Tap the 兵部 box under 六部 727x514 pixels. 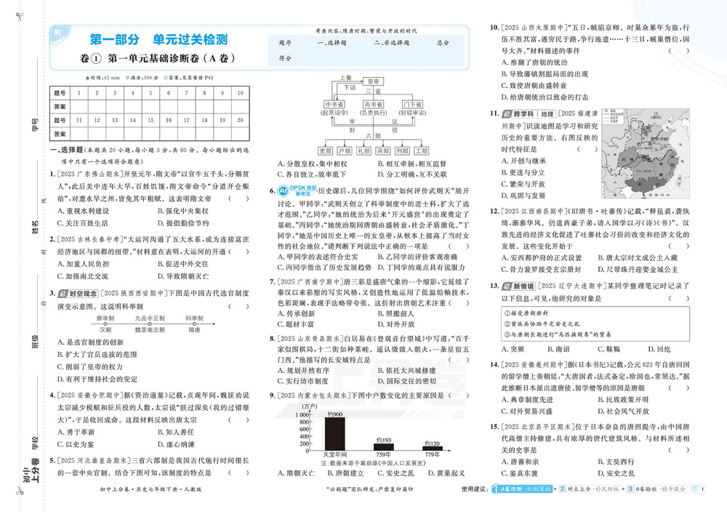tap(382, 150)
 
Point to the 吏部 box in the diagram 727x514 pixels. tap(325, 150)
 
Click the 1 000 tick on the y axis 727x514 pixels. tap(306, 413)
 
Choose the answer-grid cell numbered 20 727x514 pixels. tap(241, 120)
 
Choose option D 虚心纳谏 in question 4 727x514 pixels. tap(169, 443)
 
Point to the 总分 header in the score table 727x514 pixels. tap(443, 43)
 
